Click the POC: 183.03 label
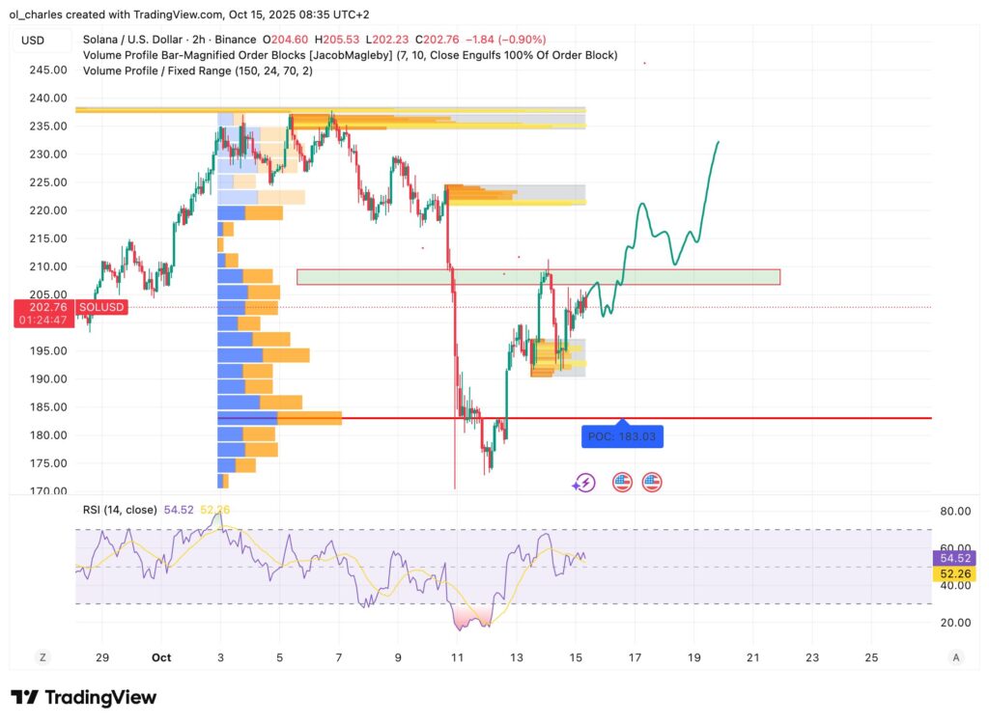tap(623, 436)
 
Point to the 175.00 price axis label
tap(46, 463)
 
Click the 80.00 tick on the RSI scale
tap(955, 511)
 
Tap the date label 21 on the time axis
tap(753, 657)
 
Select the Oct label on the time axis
tap(161, 657)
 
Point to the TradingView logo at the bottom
tap(83, 697)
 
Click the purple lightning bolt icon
tap(583, 483)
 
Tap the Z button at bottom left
tap(42, 657)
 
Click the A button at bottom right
tap(955, 657)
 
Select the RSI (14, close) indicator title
tap(121, 510)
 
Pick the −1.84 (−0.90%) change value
tap(506, 40)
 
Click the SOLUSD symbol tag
tap(101, 306)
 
